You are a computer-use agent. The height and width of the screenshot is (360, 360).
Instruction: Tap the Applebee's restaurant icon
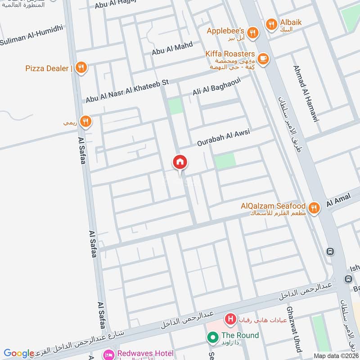(252, 32)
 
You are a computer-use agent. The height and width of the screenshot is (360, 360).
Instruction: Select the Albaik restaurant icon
(271, 24)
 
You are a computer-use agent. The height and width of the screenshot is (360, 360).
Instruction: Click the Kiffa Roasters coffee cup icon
(263, 58)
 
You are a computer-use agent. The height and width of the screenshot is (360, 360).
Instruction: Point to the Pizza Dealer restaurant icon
(81, 68)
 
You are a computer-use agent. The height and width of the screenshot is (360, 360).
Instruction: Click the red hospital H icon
(231, 320)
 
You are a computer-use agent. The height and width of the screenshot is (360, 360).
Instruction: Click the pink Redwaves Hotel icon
(108, 354)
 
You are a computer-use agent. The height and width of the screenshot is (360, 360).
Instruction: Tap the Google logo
(19, 353)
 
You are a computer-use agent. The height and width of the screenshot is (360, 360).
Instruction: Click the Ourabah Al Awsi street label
(223, 138)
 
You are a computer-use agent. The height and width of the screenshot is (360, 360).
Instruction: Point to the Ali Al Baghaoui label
(217, 87)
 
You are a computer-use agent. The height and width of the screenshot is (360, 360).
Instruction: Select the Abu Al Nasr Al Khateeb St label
(127, 91)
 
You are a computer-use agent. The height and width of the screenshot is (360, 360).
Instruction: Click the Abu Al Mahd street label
(172, 48)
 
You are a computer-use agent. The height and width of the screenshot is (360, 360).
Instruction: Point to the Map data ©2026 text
(336, 355)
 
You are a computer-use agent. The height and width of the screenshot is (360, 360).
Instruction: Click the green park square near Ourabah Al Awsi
(225, 161)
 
